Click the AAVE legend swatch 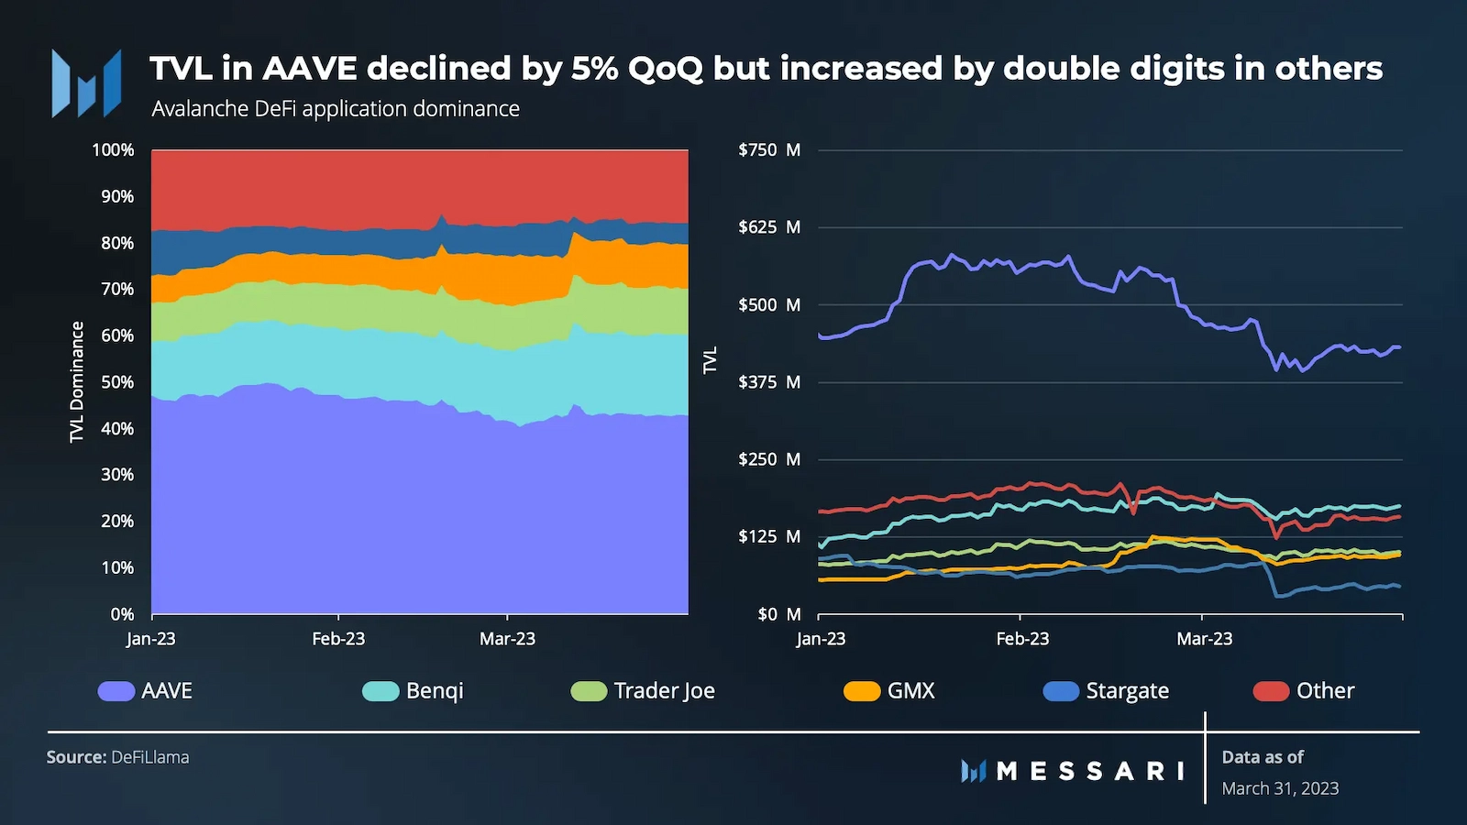point(116,691)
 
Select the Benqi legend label point(435,691)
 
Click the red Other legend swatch point(1271,691)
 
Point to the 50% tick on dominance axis point(117,382)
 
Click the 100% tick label point(113,150)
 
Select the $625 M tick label point(769,227)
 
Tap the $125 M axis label point(769,536)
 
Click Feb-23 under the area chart point(338,639)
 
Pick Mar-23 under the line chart point(1204,639)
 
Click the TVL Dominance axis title point(77,381)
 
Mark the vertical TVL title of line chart point(710,360)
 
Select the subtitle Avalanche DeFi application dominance point(336,109)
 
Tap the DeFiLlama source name point(150,757)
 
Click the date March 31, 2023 point(1280,788)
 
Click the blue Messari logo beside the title point(86,84)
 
